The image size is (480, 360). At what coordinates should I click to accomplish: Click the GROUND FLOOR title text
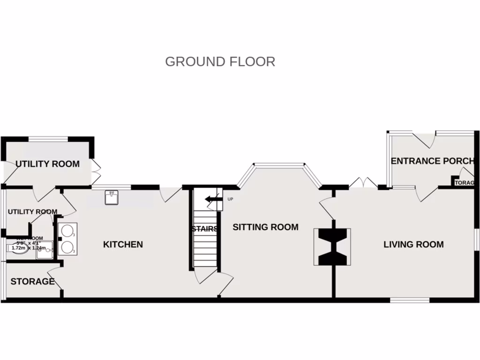220,61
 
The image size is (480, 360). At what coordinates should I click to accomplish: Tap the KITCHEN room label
123,244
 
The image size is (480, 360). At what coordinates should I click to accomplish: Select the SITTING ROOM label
265,227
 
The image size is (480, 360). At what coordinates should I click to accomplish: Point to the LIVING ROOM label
413,244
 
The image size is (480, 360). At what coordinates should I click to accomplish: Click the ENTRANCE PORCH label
432,161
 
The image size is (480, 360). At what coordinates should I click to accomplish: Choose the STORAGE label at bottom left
32,282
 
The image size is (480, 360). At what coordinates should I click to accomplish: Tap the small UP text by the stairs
230,199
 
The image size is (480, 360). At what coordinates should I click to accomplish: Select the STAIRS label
204,229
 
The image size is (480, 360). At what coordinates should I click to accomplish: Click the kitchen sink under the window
112,198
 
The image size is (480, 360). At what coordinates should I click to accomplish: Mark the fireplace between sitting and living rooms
332,246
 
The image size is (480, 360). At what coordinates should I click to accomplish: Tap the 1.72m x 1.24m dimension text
29,247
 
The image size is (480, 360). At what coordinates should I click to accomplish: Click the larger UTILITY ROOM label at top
47,164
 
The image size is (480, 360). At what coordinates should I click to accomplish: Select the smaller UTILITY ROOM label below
32,212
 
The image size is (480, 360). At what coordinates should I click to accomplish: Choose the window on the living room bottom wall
410,300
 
